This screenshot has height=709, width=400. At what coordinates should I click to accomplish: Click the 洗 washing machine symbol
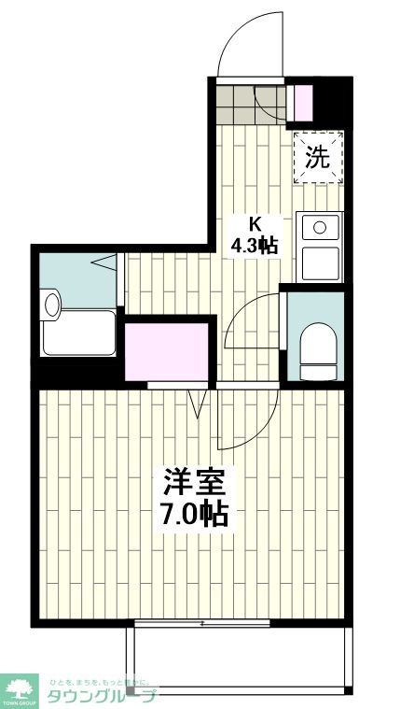(x=319, y=157)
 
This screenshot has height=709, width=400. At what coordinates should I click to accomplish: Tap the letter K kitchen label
(x=254, y=223)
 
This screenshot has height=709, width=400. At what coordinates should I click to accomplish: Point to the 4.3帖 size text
(x=255, y=246)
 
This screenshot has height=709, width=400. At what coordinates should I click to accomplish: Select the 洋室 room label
(x=194, y=483)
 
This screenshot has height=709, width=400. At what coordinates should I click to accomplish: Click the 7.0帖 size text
(x=194, y=514)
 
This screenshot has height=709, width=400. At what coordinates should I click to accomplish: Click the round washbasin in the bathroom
(x=51, y=303)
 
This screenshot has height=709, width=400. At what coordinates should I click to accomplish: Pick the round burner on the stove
(x=320, y=226)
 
